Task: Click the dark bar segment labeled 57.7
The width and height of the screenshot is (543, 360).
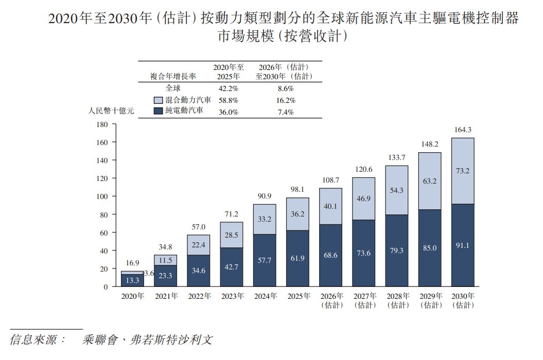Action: pos(265,260)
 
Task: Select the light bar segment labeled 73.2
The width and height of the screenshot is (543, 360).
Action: pos(463,171)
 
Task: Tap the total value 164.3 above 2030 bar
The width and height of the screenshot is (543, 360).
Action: pos(463,130)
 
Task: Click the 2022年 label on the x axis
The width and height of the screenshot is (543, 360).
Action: pos(199,296)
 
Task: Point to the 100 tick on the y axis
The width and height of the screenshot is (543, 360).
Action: pos(102,196)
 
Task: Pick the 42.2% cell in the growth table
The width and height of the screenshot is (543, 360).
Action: pos(228,88)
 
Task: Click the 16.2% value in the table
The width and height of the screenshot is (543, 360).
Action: pos(286,100)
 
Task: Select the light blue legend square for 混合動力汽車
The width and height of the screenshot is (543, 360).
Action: pos(158,100)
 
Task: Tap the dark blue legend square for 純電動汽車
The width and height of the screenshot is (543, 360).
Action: pos(158,111)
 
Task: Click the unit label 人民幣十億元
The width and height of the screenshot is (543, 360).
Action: pos(111,111)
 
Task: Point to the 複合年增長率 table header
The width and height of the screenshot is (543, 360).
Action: pos(173,76)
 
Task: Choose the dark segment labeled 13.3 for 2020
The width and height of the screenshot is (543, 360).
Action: pos(133,280)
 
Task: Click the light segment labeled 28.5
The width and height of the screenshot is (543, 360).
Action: pos(231,235)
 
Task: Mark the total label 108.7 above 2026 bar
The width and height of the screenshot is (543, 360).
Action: pos(331,181)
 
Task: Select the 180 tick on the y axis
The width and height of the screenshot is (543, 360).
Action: pos(102,124)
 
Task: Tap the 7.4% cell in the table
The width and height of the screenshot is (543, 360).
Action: pos(286,112)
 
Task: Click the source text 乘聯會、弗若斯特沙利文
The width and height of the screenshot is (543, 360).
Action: pos(147,339)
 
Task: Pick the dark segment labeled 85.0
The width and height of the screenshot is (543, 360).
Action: pos(430,248)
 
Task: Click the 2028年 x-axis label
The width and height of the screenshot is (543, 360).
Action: pos(398,296)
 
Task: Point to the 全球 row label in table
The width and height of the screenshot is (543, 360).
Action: pos(173,88)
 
